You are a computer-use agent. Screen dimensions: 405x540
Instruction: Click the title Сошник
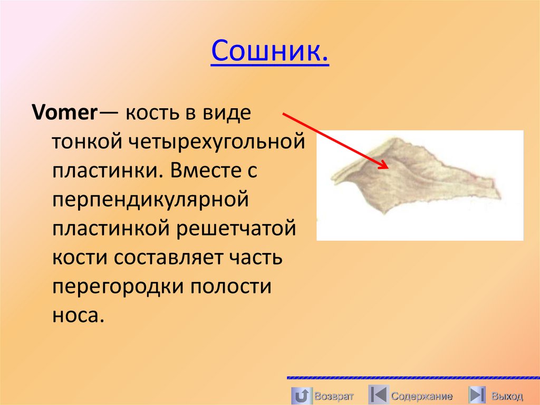270,52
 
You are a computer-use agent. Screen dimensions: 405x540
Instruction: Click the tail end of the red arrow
284,112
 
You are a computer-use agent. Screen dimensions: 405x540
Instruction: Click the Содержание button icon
378,395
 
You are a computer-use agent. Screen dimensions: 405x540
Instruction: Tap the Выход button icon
477,395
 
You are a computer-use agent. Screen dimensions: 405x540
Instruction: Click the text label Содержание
422,396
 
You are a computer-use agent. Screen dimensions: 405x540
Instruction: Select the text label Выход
507,396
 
